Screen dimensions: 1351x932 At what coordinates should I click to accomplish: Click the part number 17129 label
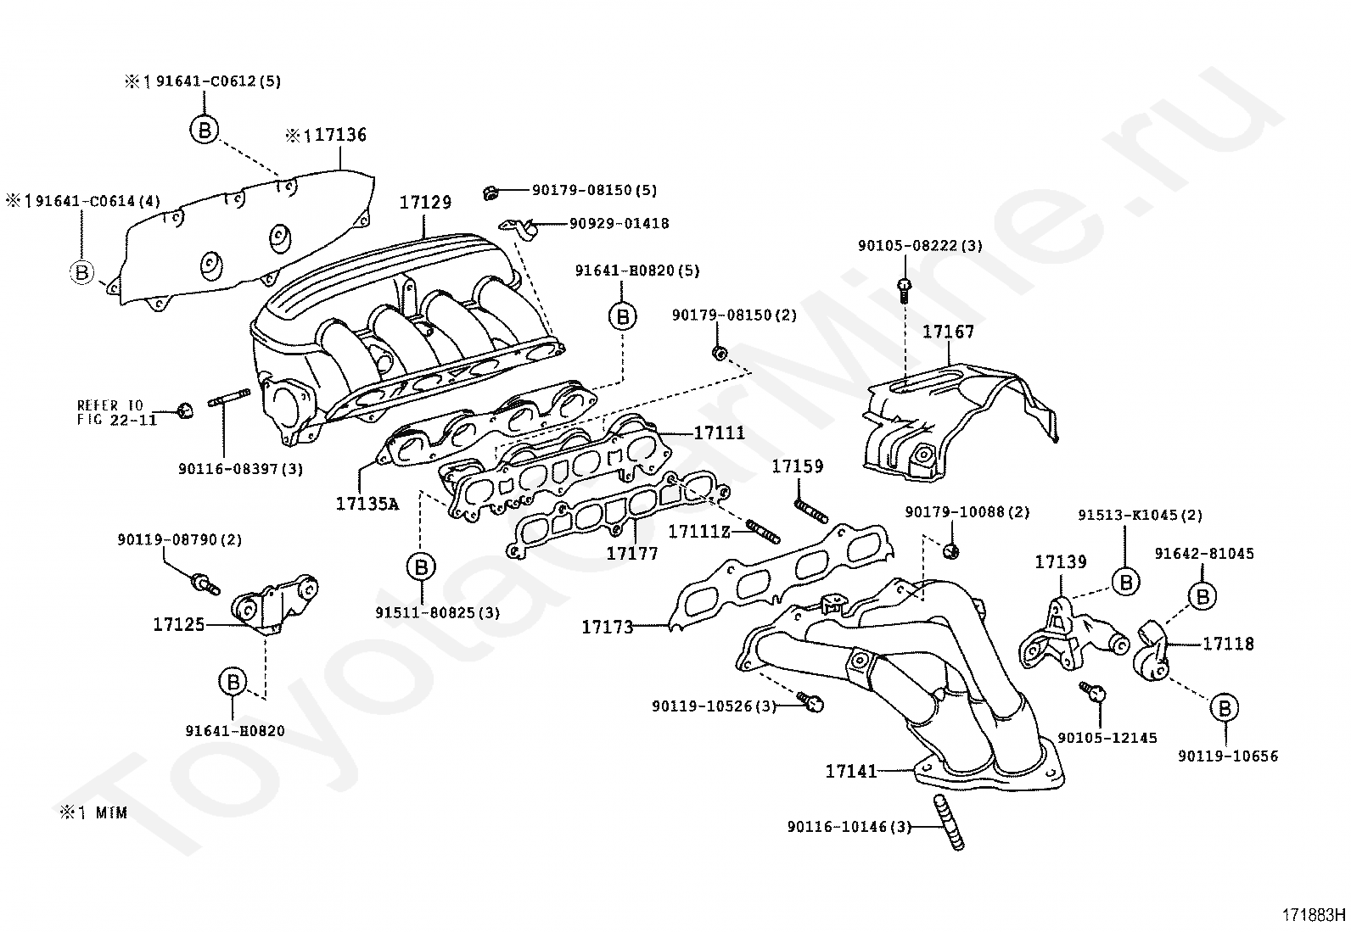pos(425,202)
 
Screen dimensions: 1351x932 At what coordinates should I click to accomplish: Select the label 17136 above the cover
pos(340,135)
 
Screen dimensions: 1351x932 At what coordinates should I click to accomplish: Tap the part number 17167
pos(948,331)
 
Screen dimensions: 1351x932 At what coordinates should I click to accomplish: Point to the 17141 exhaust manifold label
pos(851,771)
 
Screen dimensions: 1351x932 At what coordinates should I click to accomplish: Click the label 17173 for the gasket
pos(608,627)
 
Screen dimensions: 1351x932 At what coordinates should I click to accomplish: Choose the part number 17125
pos(179,624)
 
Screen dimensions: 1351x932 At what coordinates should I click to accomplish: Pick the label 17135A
pos(367,504)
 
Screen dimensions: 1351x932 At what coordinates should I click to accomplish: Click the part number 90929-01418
pos(619,224)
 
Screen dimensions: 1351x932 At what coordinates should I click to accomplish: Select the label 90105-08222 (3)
pos(921,245)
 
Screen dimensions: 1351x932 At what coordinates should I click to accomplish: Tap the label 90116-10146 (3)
pos(849,827)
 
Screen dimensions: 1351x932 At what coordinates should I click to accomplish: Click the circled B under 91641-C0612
pos(205,130)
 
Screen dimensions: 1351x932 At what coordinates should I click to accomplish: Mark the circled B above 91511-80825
pos(421,566)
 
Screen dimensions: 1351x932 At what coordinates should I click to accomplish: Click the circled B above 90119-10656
pos(1225,708)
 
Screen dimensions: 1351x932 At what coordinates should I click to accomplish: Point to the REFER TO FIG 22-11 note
pos(116,412)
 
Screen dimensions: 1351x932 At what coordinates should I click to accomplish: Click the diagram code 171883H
pos(1314,915)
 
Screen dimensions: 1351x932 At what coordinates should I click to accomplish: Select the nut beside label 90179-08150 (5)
pos(491,193)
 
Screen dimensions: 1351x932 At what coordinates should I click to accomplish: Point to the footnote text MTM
pos(111,813)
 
